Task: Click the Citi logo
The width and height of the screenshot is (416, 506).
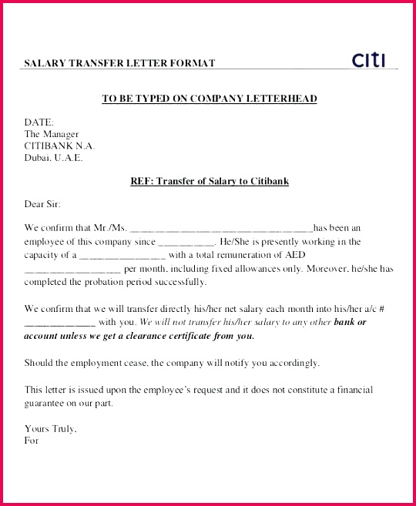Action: point(367,59)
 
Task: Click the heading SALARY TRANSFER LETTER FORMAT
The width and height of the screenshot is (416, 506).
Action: point(119,63)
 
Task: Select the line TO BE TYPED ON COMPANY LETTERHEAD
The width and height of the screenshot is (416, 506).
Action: point(210,99)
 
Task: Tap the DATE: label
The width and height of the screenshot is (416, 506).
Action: point(39,122)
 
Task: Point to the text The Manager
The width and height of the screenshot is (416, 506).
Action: point(52,134)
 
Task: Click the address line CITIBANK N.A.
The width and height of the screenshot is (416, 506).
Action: point(60,146)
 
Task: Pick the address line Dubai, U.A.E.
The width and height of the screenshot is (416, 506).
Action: point(53,158)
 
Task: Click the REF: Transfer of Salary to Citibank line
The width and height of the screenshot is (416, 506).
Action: point(210,181)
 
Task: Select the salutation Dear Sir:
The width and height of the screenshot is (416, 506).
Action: point(42,204)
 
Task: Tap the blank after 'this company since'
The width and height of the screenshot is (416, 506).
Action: point(186,243)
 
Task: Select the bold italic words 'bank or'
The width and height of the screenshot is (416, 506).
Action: point(351,322)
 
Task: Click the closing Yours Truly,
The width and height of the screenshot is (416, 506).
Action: point(50,428)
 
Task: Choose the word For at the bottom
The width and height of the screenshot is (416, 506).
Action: point(32,441)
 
